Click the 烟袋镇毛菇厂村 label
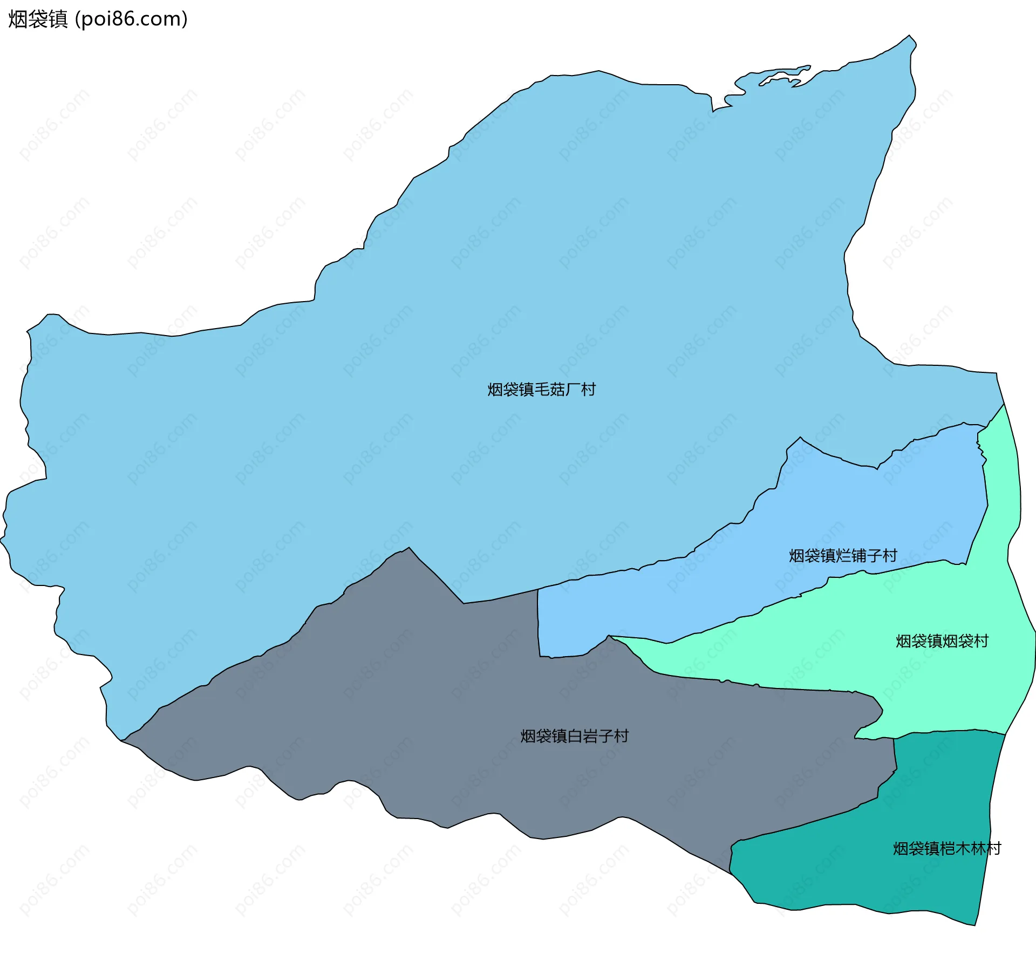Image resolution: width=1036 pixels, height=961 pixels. pos(541,390)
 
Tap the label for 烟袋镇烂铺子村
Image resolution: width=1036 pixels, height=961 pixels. pos(843,556)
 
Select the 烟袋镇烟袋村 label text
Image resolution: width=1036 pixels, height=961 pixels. pos(942,641)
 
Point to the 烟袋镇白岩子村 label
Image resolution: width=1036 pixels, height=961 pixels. pos(574,736)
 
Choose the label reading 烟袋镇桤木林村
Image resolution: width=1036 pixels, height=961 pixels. pos(946,849)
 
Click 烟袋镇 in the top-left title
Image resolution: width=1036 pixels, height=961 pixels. pos(38,19)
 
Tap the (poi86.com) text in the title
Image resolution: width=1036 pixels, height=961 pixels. pos(131,19)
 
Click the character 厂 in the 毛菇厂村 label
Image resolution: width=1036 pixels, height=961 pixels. pos(572,390)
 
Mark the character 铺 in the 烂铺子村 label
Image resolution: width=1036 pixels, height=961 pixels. pos(858,556)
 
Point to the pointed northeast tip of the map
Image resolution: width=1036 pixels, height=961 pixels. pos(910,37)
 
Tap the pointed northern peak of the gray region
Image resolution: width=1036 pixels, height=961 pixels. pos(409,548)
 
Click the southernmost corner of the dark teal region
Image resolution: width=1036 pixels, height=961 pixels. pos(974,925)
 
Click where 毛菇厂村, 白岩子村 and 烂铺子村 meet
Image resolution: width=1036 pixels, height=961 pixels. pos(537,590)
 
